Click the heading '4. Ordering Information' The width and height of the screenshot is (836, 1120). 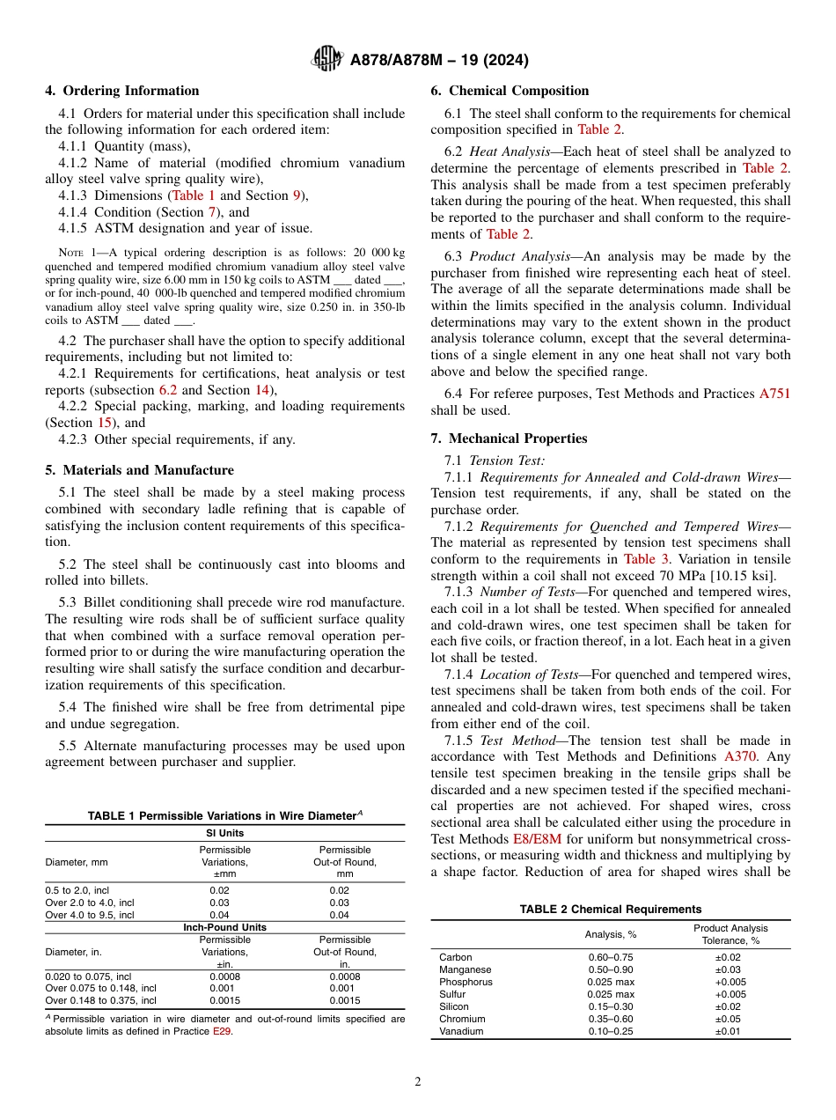tap(121, 91)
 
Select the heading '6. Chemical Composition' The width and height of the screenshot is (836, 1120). tap(510, 91)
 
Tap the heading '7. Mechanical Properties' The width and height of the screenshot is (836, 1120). tap(509, 438)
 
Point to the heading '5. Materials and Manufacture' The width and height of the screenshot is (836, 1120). tap(139, 470)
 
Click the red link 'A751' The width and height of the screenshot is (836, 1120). tap(774, 394)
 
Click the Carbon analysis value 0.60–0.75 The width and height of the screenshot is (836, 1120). tap(610, 957)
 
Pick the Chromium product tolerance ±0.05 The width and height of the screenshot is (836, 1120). tap(729, 1019)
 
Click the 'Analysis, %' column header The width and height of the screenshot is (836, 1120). tap(610, 934)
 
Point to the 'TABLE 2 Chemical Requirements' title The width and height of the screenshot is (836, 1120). tap(610, 910)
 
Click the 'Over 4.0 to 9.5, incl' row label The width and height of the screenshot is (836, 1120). tap(90, 915)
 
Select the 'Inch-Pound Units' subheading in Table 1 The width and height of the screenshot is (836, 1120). tap(224, 927)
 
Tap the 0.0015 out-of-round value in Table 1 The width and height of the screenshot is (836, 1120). tap(345, 1000)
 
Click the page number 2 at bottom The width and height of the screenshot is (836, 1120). tap(418, 1082)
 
